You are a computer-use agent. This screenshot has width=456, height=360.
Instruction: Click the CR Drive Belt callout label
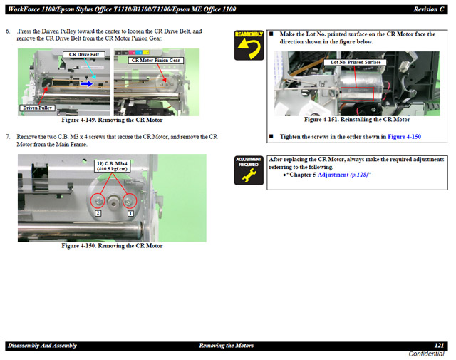[x=84, y=55]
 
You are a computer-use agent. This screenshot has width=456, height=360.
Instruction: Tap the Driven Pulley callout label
[x=37, y=108]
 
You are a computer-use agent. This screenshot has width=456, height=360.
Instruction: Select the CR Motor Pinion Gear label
[x=155, y=61]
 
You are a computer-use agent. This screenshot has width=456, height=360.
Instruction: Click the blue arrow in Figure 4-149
[x=87, y=84]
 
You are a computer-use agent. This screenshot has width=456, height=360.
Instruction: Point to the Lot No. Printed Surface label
[x=356, y=62]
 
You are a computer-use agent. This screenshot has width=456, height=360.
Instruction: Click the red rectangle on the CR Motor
[x=357, y=94]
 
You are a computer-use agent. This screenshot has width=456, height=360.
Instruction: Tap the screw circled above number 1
[x=130, y=201]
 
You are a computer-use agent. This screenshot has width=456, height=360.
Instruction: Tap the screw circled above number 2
[x=98, y=201]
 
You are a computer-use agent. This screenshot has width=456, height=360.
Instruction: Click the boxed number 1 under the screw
[x=130, y=213]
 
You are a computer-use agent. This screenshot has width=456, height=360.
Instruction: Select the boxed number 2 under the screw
[x=98, y=213]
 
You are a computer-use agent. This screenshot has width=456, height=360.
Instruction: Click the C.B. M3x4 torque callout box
[x=113, y=166]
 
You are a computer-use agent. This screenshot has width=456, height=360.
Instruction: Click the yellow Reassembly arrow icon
[x=249, y=46]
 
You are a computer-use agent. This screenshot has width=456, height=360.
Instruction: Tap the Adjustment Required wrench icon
[x=249, y=170]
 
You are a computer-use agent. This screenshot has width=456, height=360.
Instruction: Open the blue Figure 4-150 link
[x=404, y=137]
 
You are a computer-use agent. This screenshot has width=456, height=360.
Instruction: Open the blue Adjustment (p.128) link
[x=343, y=175]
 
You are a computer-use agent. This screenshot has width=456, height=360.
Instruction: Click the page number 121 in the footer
[x=439, y=346]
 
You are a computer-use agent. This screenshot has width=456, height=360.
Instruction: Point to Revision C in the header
[x=429, y=9]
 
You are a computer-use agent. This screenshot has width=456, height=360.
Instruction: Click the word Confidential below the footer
[x=426, y=354]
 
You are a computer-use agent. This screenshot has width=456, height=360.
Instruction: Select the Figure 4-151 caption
[x=357, y=120]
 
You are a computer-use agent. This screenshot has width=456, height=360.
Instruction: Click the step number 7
[x=8, y=137]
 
